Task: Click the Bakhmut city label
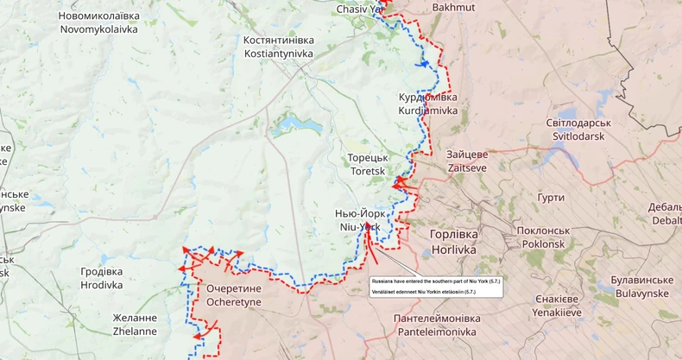429,8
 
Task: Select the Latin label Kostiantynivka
278,54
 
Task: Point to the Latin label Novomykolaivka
98,29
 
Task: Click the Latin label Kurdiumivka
427,111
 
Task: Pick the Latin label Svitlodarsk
576,136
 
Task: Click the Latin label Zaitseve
467,167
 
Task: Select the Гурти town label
550,198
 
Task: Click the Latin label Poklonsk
543,244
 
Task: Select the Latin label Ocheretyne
234,302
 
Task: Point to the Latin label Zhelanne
135,331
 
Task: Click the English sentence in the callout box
436,281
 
